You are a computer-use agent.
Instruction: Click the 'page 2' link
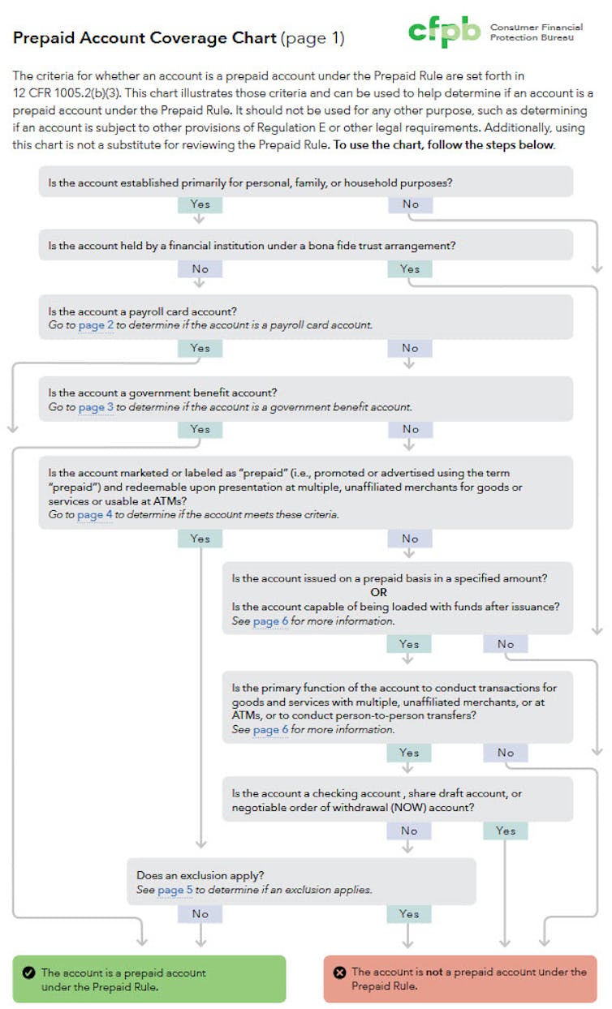(x=96, y=325)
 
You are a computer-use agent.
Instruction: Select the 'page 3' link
(x=96, y=407)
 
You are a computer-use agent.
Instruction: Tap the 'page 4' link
(x=95, y=515)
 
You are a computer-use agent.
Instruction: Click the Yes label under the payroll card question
(x=200, y=349)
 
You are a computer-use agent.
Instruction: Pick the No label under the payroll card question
(x=410, y=349)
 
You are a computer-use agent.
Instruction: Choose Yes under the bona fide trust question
(x=410, y=269)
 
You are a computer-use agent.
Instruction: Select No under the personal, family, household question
(x=410, y=204)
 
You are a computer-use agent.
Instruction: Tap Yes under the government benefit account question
(x=200, y=430)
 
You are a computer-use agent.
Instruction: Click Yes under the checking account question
(x=505, y=831)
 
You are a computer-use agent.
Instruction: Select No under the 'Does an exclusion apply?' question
(x=200, y=914)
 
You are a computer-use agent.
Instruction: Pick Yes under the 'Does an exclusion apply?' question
(x=409, y=914)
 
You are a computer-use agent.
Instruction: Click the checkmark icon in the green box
(x=28, y=973)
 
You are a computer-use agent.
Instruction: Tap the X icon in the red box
(x=339, y=973)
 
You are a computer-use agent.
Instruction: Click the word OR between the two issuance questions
(x=379, y=593)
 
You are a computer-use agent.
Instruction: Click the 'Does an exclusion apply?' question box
(x=301, y=882)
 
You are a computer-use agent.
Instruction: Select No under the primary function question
(x=506, y=754)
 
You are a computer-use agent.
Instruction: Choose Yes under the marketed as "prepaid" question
(x=200, y=539)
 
